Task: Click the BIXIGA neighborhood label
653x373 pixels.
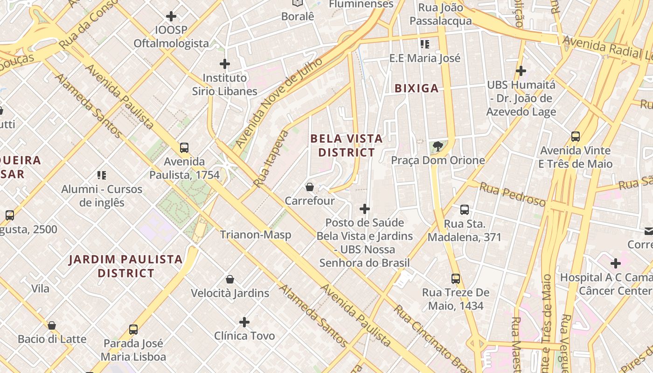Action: coord(417,88)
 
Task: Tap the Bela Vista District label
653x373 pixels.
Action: coord(346,145)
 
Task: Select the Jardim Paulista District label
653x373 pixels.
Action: coord(125,266)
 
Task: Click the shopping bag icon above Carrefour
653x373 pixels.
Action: coord(309,187)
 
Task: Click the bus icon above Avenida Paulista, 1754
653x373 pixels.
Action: coord(184,148)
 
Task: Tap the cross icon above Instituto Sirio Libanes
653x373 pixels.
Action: coord(225,64)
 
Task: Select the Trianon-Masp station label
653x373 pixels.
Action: coord(255,235)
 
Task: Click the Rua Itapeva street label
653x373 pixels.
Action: coord(271,159)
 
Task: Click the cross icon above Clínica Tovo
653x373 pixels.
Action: coord(244,322)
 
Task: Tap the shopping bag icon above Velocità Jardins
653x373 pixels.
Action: coord(229,279)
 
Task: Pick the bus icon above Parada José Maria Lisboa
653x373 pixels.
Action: coord(133,330)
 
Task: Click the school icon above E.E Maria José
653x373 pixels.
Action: coord(424,44)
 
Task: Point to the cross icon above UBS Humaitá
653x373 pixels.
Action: coord(521,71)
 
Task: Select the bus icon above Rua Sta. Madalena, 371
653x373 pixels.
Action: coord(465,210)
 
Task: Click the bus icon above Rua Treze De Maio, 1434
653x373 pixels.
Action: coord(456,279)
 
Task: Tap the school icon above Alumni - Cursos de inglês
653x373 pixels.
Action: coord(102,175)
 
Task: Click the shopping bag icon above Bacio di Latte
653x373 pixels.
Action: coord(52,325)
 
